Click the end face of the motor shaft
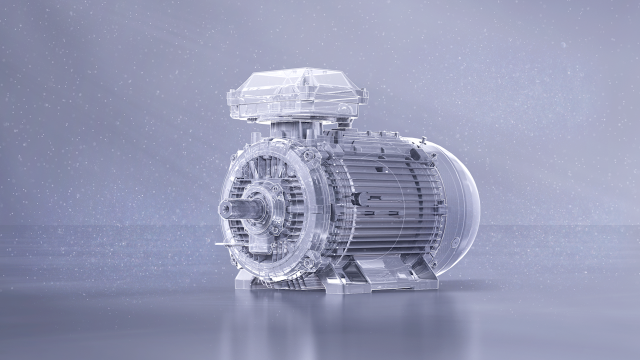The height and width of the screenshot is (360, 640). tap(225, 209)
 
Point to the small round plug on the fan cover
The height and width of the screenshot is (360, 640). tap(454, 242)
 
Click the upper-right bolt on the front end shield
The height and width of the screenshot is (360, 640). tap(308, 155)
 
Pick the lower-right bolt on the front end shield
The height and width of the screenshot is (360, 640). tap(308, 262)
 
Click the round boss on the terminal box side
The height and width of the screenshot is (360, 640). tap(344, 109)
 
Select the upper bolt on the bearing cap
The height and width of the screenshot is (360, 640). tap(274, 188)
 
